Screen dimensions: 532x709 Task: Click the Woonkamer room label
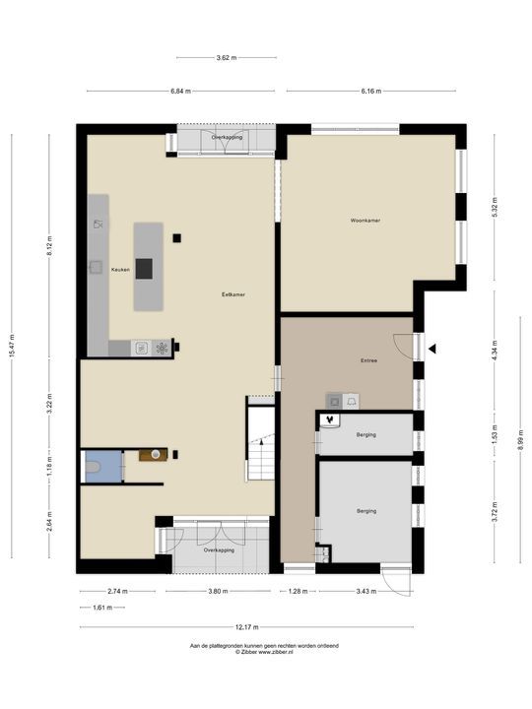click(x=366, y=221)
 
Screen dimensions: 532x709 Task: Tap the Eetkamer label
click(x=233, y=294)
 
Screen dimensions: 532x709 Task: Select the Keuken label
click(x=120, y=270)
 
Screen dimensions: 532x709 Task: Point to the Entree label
click(x=368, y=360)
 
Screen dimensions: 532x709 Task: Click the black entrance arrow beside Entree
click(x=432, y=349)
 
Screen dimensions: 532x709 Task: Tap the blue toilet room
click(x=103, y=466)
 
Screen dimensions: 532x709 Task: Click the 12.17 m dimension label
click(x=247, y=627)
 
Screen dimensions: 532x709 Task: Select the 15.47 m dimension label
click(x=12, y=346)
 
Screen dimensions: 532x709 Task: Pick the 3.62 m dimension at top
click(x=227, y=57)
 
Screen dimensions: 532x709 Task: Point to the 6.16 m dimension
click(x=371, y=91)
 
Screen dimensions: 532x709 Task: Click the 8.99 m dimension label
click(x=520, y=438)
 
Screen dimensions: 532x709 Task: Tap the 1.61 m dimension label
click(x=102, y=608)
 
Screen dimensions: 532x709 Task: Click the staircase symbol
click(x=261, y=443)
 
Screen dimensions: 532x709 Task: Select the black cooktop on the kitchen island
click(x=144, y=269)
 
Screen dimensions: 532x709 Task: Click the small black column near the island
click(x=176, y=238)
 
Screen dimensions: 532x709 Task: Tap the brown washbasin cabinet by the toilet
click(x=153, y=454)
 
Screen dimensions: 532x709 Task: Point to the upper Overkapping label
click(x=227, y=137)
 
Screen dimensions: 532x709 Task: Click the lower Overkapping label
click(x=219, y=550)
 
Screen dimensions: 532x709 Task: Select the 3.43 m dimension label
click(x=366, y=591)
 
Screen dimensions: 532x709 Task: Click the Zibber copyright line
click(x=264, y=652)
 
